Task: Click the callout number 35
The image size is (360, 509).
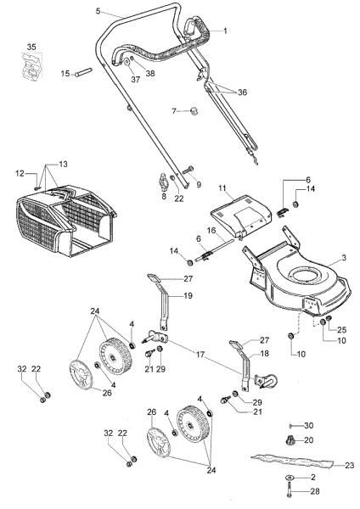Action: click(31, 45)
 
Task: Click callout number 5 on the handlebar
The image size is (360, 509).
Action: click(98, 11)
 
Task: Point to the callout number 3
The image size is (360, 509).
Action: click(344, 257)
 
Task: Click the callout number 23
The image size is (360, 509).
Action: click(349, 464)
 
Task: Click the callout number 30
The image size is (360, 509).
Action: click(309, 424)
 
